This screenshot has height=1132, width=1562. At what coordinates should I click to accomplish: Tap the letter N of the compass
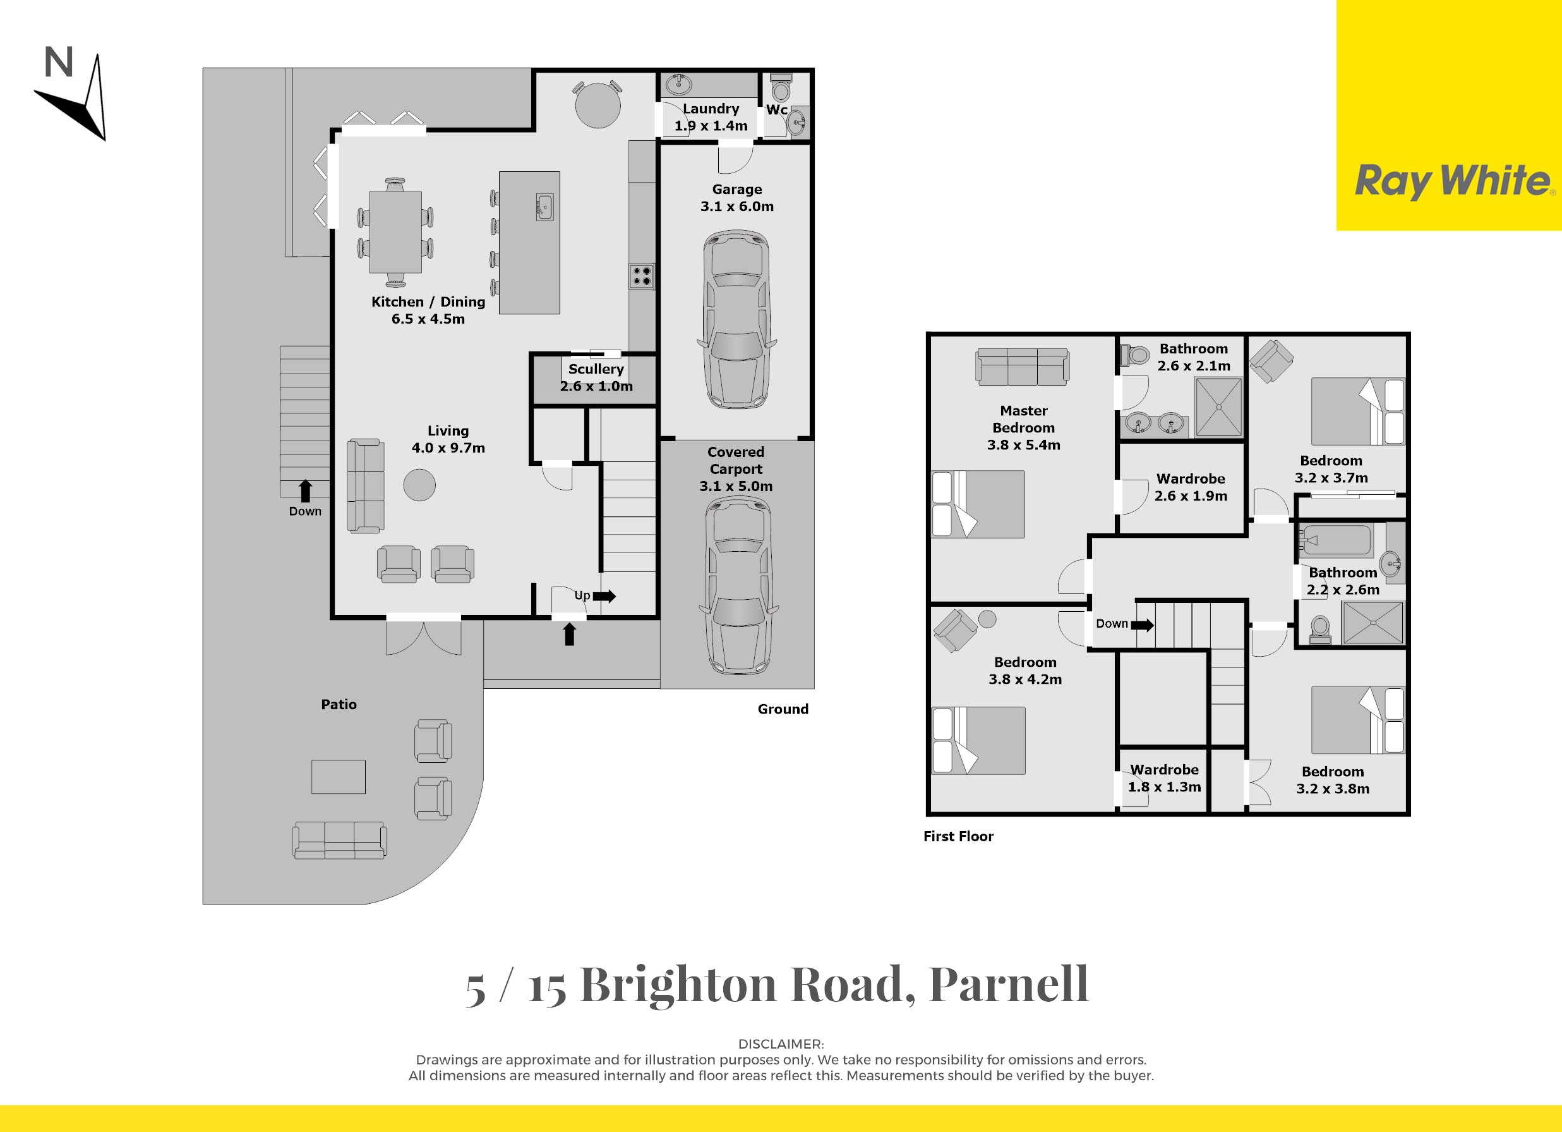click(x=59, y=63)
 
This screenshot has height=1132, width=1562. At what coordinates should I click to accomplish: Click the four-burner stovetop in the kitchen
click(x=641, y=276)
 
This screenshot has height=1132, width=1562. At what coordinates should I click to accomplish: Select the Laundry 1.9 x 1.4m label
click(x=711, y=117)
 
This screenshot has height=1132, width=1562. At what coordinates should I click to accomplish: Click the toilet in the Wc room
click(x=781, y=87)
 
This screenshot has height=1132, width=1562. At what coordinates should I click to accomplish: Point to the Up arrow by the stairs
click(x=604, y=596)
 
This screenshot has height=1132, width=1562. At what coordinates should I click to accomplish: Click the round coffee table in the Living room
click(x=419, y=485)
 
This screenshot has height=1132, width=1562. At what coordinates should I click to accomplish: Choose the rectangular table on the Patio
click(x=338, y=777)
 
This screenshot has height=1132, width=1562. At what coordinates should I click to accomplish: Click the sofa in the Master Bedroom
click(x=1023, y=366)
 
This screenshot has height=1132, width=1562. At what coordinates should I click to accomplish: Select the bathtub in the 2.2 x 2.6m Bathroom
click(x=1335, y=540)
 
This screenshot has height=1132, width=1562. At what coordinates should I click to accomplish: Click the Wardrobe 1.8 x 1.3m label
click(x=1164, y=779)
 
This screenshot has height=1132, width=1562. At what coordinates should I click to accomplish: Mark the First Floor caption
click(x=958, y=836)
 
